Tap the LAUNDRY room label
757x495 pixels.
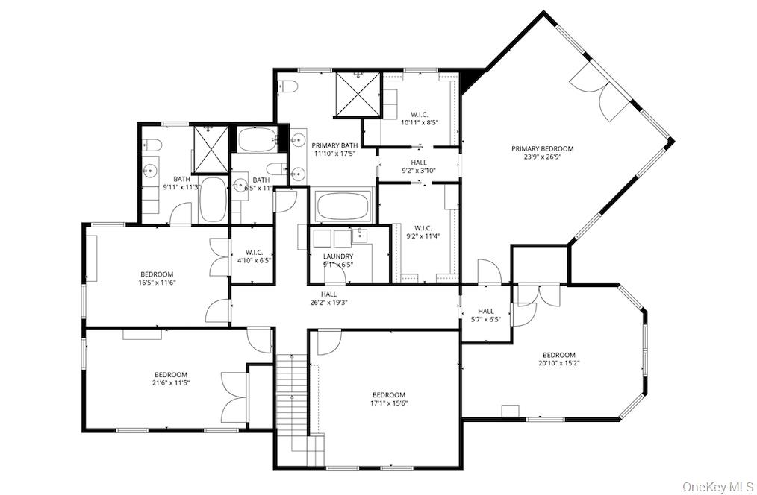pyautogui.click(x=338, y=256)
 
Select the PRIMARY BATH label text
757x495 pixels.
pyautogui.click(x=334, y=145)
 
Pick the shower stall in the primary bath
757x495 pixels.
pyautogui.click(x=358, y=94)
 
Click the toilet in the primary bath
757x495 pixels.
pyautogui.click(x=287, y=86)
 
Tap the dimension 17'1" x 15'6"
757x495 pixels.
pyautogui.click(x=389, y=403)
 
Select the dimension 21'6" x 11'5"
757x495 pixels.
pyautogui.click(x=171, y=383)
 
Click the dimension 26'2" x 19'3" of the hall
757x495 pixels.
pyautogui.click(x=328, y=303)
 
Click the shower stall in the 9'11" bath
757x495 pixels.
pyautogui.click(x=211, y=149)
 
